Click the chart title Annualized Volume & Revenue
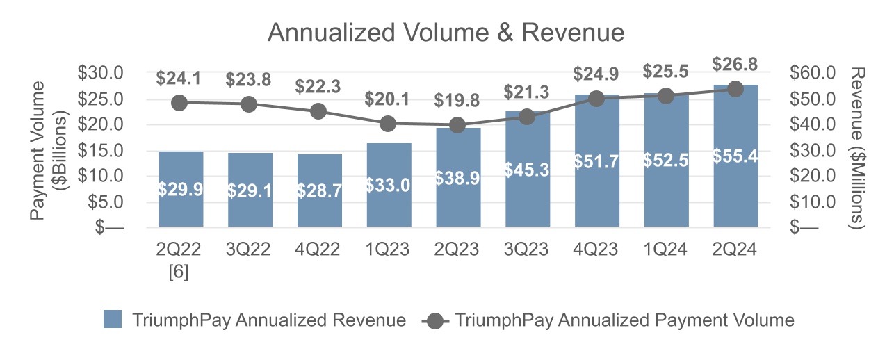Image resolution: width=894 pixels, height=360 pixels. pos(446,33)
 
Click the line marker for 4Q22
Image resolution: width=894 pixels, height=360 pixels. pos(318,111)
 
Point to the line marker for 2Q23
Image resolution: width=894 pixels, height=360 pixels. pos(457,125)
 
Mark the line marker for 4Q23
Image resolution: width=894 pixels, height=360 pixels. pos(596,99)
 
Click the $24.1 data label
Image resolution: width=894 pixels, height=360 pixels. pos(179,79)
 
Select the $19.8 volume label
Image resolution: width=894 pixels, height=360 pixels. pos(457,100)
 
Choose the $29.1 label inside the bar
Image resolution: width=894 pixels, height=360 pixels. pos(250,190)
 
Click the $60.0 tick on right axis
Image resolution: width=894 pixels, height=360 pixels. pos(813,73)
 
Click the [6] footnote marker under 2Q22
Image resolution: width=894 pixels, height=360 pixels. pos(179,271)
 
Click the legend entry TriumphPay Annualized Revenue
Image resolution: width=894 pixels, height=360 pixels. pos(254,320)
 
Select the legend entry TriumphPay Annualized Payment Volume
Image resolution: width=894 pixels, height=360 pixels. pos(609,320)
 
